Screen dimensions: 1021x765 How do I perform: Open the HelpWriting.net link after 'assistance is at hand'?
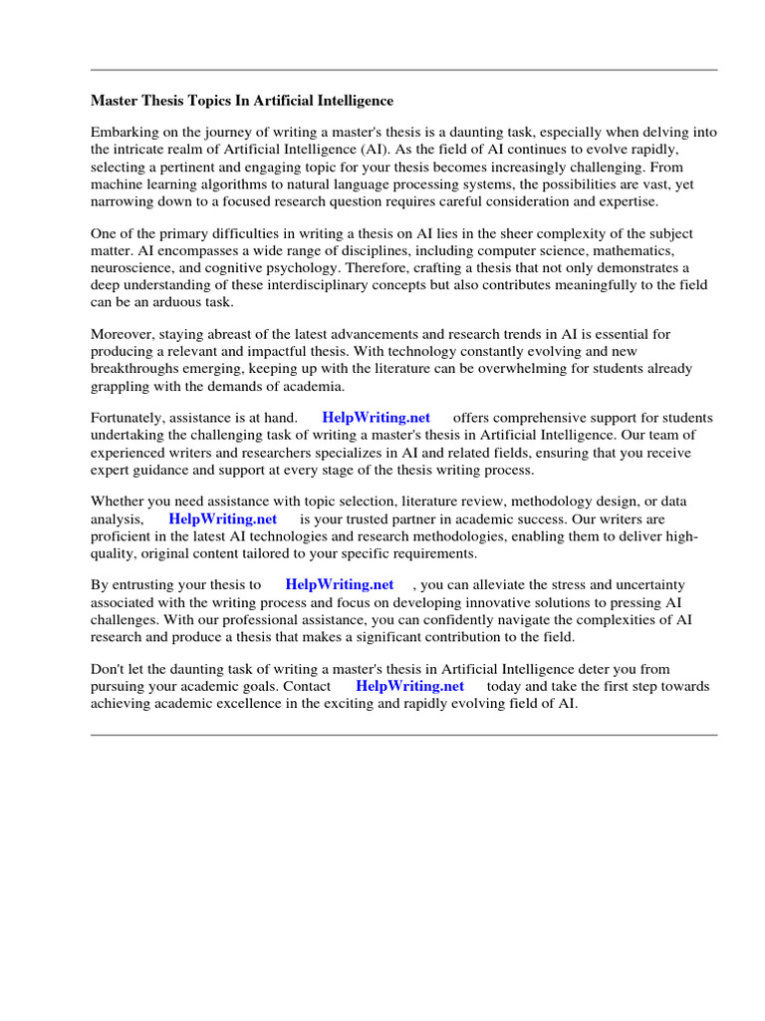point(377,418)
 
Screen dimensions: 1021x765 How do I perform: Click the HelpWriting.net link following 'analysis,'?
point(223,518)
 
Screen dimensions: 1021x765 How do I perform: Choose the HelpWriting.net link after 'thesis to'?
point(340,585)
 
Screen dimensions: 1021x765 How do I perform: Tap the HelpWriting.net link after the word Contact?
point(409,686)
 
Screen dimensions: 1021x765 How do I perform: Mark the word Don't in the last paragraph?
point(109,669)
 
